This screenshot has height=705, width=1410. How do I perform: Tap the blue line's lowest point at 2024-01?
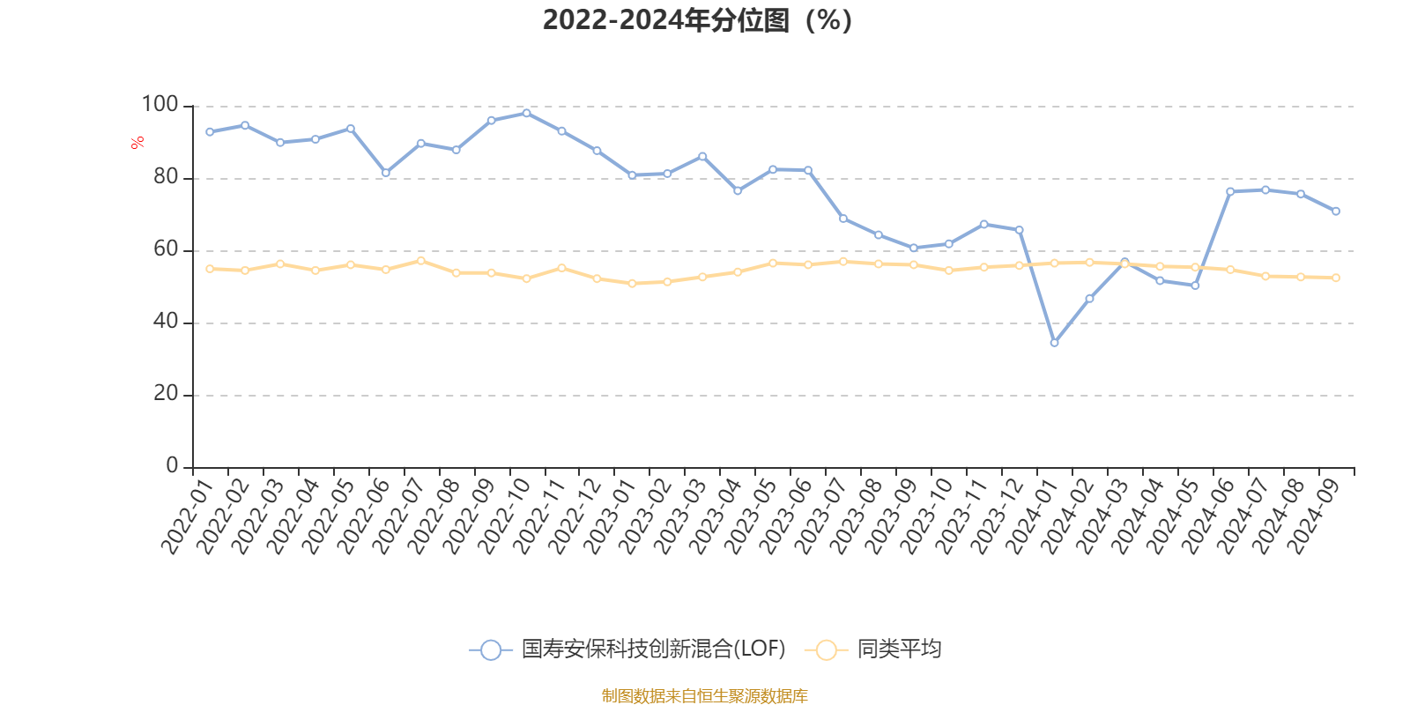pos(1054,343)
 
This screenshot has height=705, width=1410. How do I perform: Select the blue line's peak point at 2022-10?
pos(526,113)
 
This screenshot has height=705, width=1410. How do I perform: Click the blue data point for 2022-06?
pos(385,173)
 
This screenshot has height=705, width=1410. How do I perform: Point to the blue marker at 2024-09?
pos(1336,211)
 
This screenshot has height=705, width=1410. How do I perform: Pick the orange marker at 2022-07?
pos(420,260)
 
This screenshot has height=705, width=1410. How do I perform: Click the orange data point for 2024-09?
pos(1336,278)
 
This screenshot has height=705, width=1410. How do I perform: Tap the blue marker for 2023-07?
pos(842,219)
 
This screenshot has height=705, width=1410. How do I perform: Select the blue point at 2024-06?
pos(1230,191)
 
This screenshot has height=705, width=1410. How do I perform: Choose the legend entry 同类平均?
pos(898,649)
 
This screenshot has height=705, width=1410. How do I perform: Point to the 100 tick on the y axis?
pos(160,105)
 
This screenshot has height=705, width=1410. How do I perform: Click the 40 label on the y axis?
pos(165,322)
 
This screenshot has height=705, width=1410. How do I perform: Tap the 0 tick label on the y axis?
pos(172,466)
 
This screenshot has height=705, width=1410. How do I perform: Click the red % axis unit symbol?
pos(137,143)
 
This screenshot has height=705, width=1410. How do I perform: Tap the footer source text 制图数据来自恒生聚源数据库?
pos(704,696)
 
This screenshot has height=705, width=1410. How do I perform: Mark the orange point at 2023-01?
pos(632,284)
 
